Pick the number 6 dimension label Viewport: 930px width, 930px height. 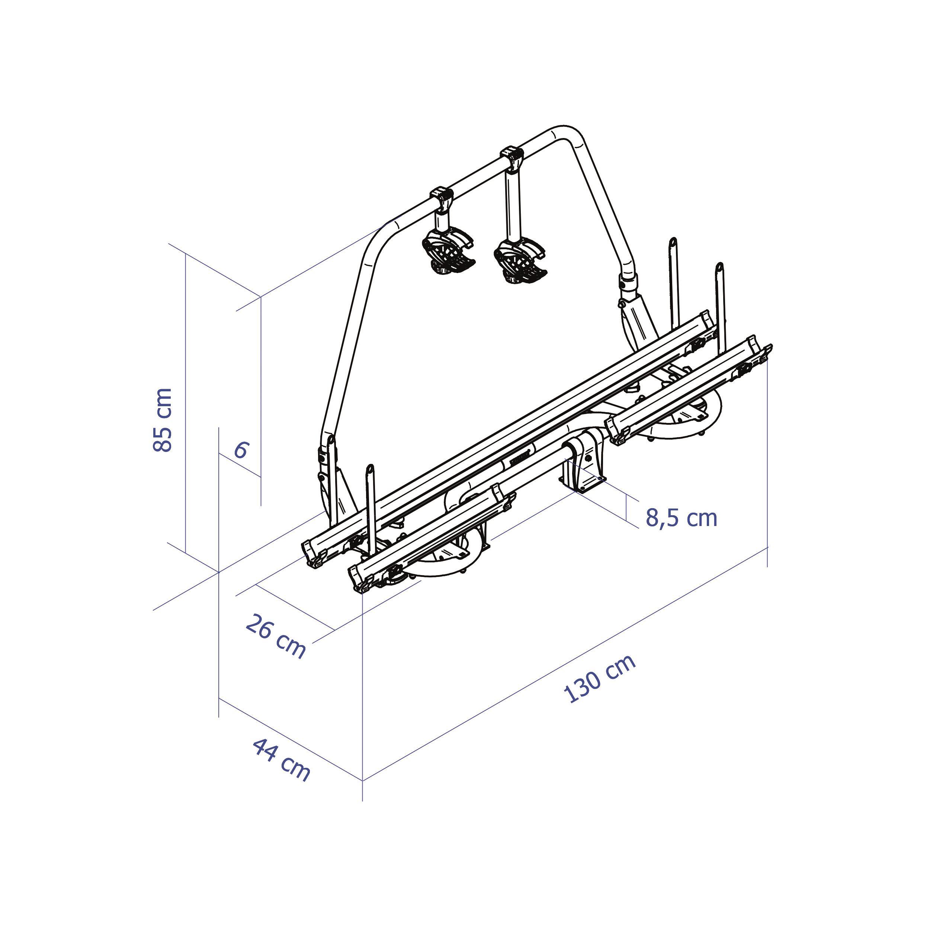tap(241, 450)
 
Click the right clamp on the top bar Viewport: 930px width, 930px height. tap(512, 158)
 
